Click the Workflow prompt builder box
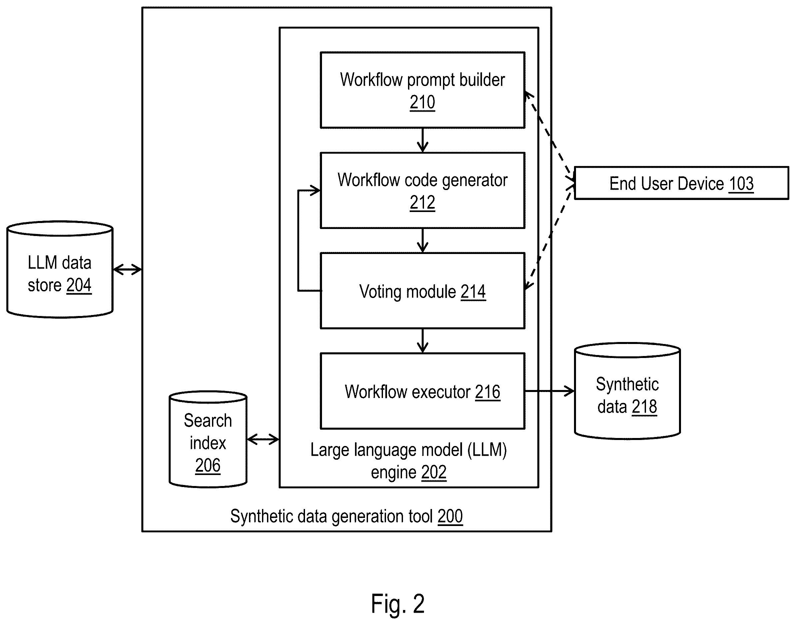click(x=423, y=90)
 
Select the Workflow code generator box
click(x=423, y=191)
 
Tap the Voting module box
click(x=423, y=291)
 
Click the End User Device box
click(x=681, y=183)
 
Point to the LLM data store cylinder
click(x=60, y=269)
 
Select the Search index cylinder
click(x=208, y=439)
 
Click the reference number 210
click(x=422, y=102)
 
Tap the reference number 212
click(x=422, y=202)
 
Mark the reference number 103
click(x=741, y=184)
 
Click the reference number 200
click(x=450, y=516)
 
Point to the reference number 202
click(x=434, y=472)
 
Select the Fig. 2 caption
click(x=398, y=603)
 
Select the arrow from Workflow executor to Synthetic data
click(x=550, y=391)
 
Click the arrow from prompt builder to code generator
click(x=423, y=140)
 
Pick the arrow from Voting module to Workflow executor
click(x=423, y=341)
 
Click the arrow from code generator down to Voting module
click(x=423, y=241)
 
